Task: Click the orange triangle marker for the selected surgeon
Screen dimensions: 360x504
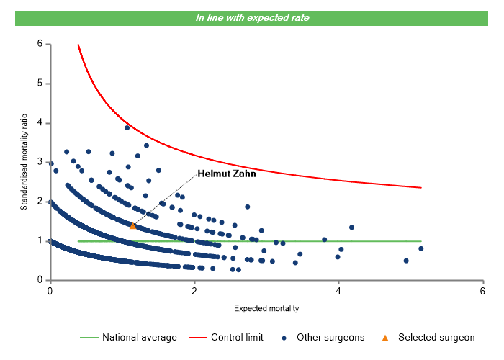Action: [132, 226]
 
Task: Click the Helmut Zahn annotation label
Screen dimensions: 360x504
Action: [227, 174]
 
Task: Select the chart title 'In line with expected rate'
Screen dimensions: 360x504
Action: [252, 17]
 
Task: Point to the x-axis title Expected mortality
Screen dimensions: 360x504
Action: [266, 308]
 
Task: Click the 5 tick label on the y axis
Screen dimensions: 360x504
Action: [40, 84]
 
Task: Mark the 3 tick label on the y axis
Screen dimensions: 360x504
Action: [40, 162]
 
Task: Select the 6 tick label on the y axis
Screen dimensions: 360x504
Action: [40, 44]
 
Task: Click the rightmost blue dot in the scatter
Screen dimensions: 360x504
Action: [420, 248]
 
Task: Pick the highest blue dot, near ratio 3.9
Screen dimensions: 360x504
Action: [127, 127]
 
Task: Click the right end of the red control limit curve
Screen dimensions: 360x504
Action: [420, 187]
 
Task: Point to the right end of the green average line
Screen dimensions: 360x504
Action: [420, 241]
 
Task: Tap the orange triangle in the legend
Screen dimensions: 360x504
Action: [384, 337]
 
